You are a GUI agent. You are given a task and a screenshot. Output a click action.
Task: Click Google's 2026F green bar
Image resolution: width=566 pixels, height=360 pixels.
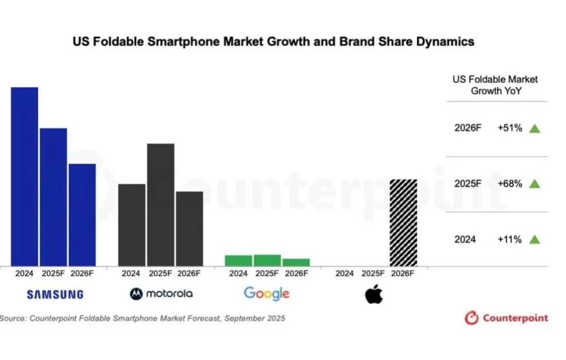tap(296, 262)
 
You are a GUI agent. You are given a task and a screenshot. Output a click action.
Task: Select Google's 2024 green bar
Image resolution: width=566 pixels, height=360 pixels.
tap(238, 260)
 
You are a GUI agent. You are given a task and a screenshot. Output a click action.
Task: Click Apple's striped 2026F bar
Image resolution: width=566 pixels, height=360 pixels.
tap(403, 222)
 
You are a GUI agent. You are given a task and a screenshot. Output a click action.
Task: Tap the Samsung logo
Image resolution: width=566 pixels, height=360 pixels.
tap(55, 295)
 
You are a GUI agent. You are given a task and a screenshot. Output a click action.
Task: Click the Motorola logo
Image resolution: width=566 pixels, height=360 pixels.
tap(162, 294)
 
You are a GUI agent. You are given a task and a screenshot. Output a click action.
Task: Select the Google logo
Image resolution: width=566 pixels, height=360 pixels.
tap(267, 294)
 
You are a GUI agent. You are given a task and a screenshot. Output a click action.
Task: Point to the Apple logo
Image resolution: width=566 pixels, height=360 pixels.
tap(374, 294)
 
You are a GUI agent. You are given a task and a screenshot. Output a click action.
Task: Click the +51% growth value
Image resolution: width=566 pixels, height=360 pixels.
tap(509, 129)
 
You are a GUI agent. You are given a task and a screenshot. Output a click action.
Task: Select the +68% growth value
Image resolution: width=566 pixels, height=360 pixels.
tap(509, 184)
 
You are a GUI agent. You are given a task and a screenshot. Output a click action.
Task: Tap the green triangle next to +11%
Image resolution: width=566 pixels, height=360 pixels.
tap(535, 239)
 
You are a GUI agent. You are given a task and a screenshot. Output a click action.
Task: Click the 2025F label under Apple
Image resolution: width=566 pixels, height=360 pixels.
tap(374, 274)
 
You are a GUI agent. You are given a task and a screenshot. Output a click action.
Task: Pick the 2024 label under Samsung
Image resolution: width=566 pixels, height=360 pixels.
tap(24, 274)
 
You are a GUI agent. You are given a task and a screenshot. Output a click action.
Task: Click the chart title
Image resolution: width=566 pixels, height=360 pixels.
tap(273, 42)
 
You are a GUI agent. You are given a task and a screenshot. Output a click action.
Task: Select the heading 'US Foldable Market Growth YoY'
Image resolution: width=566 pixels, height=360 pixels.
tap(495, 85)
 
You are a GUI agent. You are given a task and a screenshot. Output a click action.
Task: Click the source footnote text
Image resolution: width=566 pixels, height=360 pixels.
tap(143, 318)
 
